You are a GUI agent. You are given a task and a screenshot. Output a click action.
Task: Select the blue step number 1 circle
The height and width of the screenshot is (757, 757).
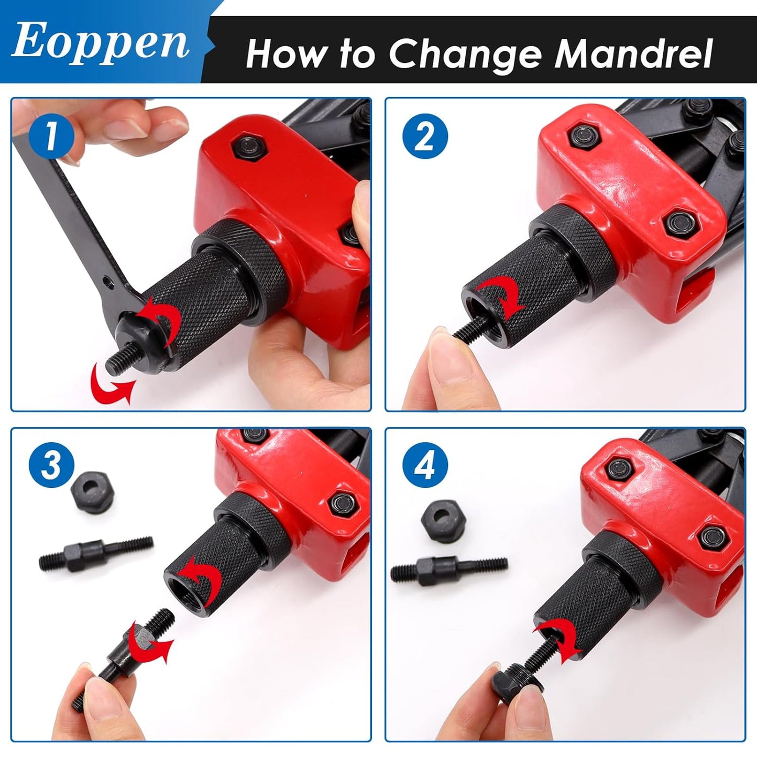pos(51,136)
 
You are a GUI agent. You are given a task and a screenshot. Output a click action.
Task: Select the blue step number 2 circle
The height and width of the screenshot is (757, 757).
pos(425,136)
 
